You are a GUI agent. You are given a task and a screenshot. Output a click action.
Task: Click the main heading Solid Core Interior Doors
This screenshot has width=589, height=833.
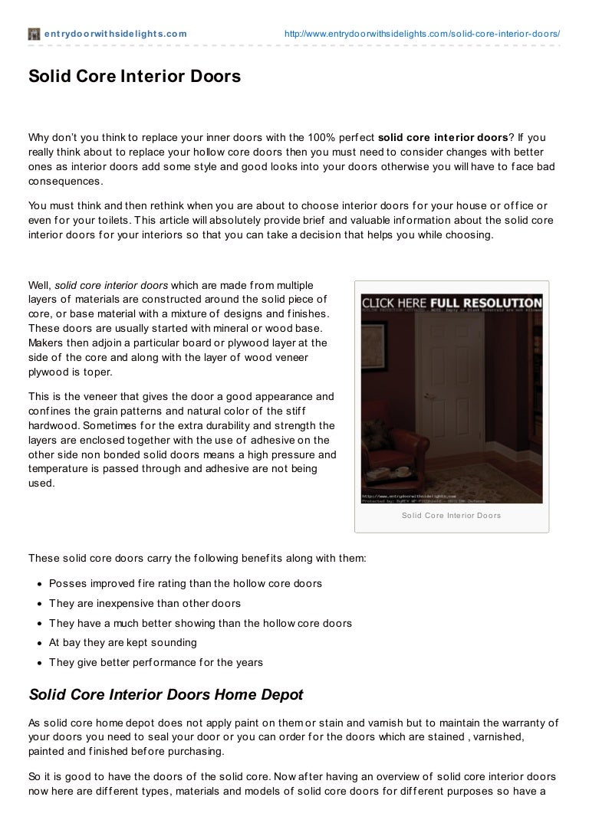tap(134, 77)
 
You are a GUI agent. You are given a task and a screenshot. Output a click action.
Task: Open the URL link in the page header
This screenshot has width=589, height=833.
tap(422, 34)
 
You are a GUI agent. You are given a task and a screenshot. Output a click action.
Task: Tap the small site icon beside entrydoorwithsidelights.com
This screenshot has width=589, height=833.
tap(34, 34)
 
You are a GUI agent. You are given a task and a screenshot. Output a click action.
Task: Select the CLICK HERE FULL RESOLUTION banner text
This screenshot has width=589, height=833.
tap(452, 303)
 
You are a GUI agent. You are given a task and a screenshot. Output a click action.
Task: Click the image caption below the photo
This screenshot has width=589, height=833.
tap(451, 516)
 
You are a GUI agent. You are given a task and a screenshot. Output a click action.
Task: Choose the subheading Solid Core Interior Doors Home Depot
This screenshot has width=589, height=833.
tap(166, 696)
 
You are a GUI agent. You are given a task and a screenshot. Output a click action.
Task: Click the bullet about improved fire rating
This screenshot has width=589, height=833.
tap(185, 584)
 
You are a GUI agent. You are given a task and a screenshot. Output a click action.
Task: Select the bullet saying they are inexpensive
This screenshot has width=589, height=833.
tap(145, 604)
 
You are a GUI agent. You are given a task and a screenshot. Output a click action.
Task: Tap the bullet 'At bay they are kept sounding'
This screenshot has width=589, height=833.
tap(123, 643)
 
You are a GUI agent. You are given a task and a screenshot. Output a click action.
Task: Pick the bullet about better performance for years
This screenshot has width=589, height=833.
tap(156, 663)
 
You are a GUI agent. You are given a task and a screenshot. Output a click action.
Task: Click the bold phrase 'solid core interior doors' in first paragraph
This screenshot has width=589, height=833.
tap(443, 138)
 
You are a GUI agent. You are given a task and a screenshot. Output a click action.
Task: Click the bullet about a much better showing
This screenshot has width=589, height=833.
tap(200, 624)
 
